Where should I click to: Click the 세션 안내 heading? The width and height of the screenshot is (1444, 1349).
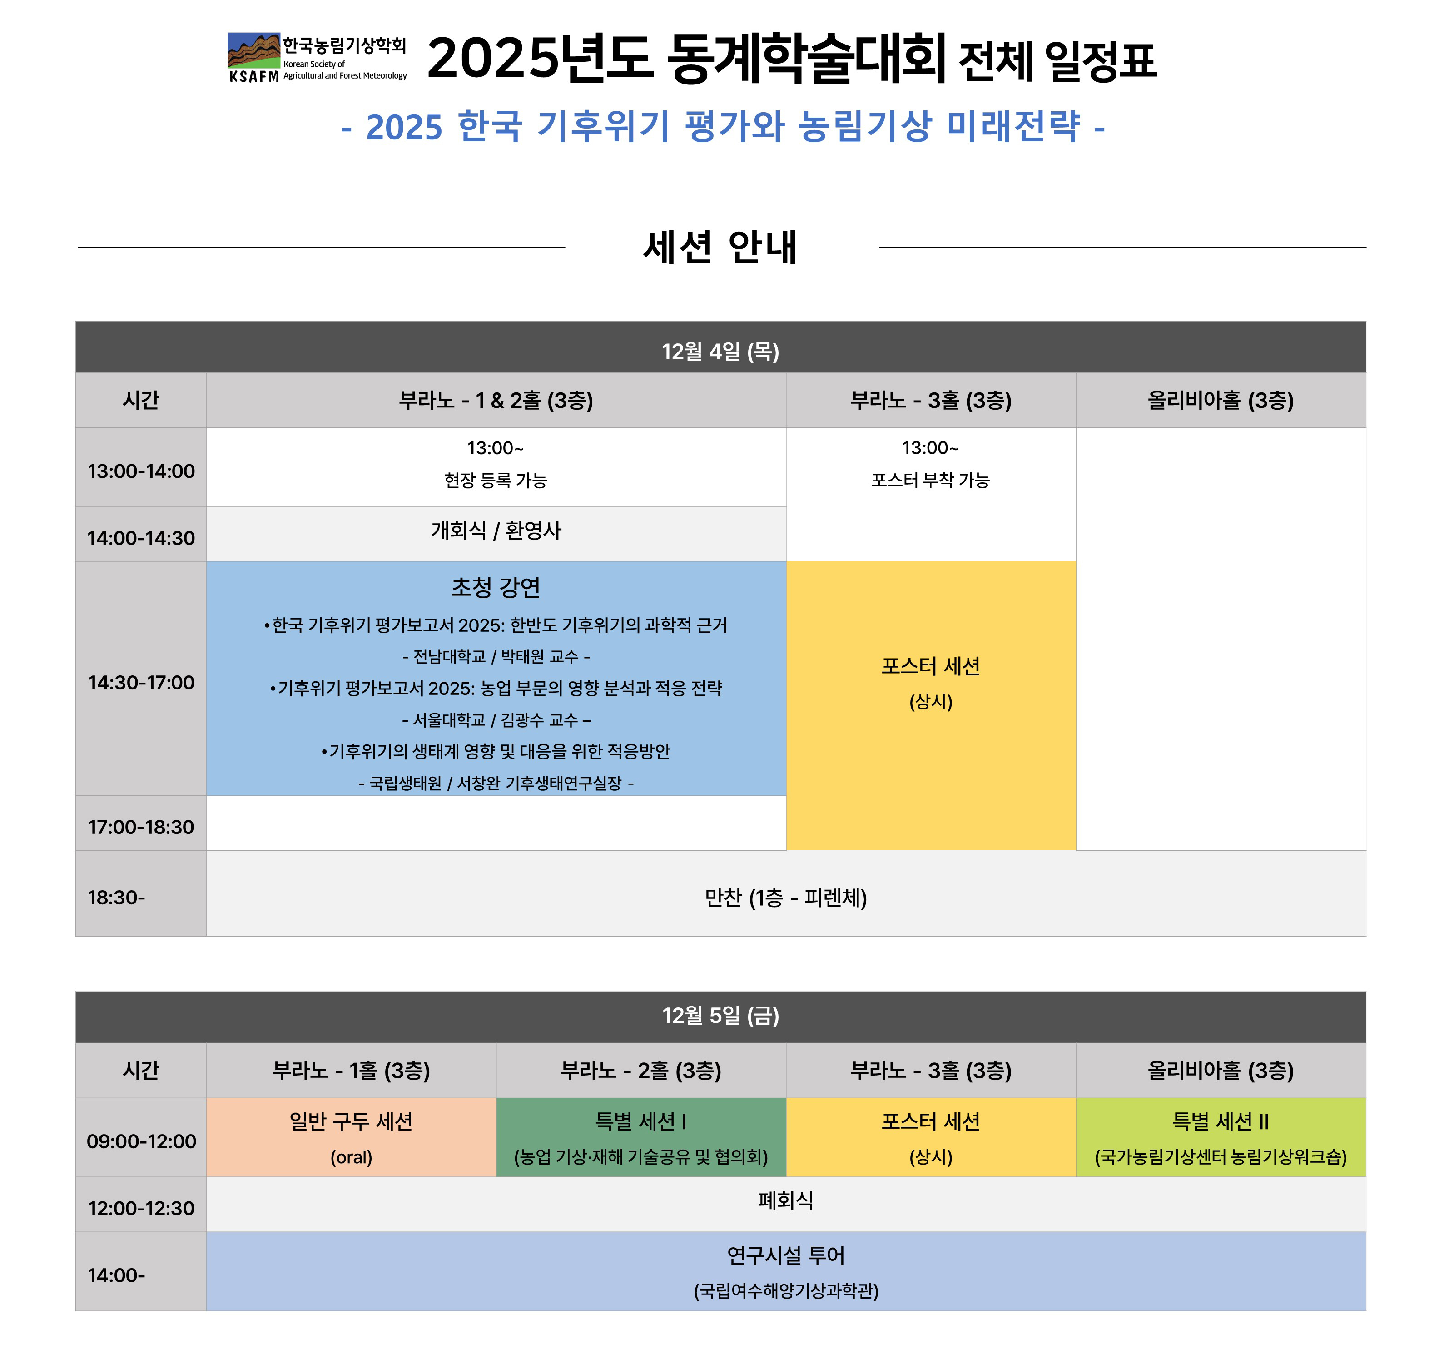(x=720, y=247)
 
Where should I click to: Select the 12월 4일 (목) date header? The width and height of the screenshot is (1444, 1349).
(x=720, y=352)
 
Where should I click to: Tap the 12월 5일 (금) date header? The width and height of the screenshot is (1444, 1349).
(x=720, y=1016)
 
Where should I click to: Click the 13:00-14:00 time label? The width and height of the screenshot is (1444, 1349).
(x=141, y=471)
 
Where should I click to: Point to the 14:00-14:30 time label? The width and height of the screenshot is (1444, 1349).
(x=141, y=538)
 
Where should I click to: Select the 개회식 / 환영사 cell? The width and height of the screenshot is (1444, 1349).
(x=496, y=531)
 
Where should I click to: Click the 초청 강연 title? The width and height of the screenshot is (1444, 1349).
(x=496, y=587)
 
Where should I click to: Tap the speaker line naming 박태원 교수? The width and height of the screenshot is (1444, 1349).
(x=496, y=657)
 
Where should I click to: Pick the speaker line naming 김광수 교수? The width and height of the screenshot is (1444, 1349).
(x=496, y=720)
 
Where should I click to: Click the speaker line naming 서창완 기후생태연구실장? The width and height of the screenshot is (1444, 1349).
(x=496, y=783)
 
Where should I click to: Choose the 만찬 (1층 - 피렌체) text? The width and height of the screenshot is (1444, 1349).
(x=786, y=898)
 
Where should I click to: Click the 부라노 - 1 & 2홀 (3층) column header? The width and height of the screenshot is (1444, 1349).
(x=496, y=400)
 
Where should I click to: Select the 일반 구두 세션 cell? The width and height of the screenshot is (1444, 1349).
(x=351, y=1138)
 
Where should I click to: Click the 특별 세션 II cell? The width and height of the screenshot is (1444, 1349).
(x=1221, y=1138)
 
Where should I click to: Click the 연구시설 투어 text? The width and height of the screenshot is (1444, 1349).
(x=786, y=1255)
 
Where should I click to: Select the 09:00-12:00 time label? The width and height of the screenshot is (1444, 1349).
(x=141, y=1141)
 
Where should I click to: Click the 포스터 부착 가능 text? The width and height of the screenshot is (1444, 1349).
(x=930, y=480)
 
